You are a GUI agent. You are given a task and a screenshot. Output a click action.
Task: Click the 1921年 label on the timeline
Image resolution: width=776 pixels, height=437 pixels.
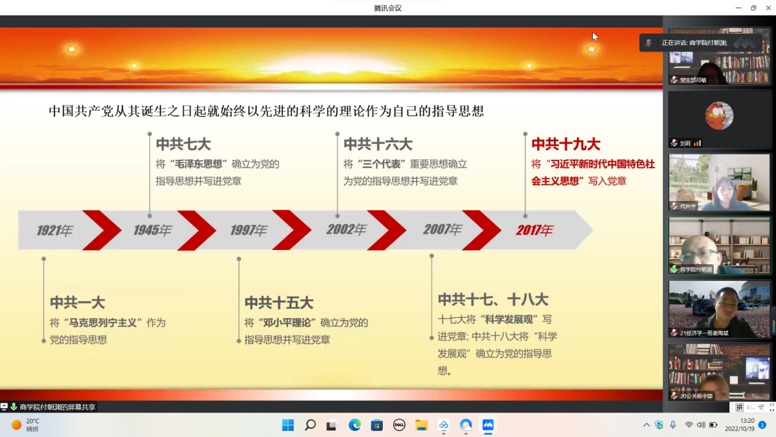point(55,230)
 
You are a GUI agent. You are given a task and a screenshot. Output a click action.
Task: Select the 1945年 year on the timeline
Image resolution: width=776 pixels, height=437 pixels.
point(153,230)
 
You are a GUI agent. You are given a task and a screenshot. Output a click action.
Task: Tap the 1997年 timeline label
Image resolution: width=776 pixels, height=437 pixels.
point(249,230)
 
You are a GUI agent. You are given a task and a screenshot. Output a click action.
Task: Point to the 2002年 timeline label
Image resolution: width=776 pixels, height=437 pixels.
point(346,229)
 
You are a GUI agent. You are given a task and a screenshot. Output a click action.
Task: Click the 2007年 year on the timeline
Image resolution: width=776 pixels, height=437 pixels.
point(442,229)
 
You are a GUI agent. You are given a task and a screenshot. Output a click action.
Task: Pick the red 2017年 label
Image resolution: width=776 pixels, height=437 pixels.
point(534,230)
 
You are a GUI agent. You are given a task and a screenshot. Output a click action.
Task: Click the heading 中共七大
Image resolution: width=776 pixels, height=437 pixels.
point(183,144)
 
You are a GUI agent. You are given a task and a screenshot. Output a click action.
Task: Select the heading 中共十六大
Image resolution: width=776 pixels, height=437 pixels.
point(378,144)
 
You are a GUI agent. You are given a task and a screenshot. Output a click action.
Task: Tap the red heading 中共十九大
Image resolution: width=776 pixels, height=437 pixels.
point(566,144)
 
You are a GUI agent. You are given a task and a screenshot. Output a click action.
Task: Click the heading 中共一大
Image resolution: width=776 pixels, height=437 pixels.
point(77,303)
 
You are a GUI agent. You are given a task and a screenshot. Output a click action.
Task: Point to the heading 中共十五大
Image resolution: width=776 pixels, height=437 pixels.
point(279,303)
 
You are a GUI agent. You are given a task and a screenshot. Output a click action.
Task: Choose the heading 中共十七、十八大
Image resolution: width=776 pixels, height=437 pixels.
point(493,300)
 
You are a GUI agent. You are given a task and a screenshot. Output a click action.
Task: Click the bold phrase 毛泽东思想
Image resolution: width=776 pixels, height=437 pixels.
point(198,164)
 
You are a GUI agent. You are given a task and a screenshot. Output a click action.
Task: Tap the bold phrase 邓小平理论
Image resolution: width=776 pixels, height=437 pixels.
point(287,322)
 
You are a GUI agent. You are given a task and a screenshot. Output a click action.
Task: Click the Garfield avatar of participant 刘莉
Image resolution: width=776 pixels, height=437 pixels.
point(719,116)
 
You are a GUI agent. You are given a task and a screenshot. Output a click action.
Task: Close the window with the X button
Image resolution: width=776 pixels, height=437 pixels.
point(768,7)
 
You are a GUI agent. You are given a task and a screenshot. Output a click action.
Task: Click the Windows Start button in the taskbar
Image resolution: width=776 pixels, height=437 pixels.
point(288,425)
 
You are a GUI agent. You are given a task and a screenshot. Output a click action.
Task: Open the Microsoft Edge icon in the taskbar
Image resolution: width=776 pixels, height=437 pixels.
point(355,425)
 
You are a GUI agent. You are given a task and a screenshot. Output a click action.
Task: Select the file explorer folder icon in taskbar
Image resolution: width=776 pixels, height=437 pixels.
point(421,425)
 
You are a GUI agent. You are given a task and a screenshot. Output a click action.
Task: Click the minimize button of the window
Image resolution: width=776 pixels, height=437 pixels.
point(739,7)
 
